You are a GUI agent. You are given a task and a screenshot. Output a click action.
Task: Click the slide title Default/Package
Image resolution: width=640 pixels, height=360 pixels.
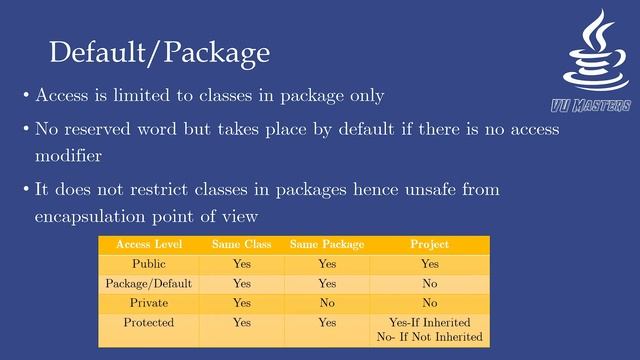[x=160, y=51]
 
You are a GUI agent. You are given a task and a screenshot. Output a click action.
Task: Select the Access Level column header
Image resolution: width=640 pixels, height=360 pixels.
[x=148, y=244]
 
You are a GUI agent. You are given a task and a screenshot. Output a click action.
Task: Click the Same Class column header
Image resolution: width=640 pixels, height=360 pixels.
[x=241, y=244]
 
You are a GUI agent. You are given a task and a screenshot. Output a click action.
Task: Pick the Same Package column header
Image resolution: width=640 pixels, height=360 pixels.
[x=327, y=244]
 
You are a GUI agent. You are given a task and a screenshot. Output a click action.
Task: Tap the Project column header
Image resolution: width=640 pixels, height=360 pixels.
[x=429, y=244]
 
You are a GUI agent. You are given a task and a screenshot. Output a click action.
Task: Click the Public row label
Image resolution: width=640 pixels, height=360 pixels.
[x=148, y=264]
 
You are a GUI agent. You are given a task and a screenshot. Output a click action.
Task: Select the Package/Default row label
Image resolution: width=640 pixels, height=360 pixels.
[x=148, y=283]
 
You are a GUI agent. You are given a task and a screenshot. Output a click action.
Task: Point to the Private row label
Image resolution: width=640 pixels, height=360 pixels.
[x=148, y=303]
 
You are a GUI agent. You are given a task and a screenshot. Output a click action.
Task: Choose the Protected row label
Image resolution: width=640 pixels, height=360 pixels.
[x=148, y=323]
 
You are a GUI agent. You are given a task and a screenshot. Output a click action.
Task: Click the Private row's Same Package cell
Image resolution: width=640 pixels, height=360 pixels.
[x=327, y=303]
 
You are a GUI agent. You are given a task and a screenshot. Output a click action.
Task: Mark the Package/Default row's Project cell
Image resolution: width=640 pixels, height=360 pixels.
[x=429, y=283]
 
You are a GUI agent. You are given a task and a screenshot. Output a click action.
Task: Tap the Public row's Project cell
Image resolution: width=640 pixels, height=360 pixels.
[x=429, y=264]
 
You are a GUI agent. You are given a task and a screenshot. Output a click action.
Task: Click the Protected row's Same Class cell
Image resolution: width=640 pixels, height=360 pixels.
[x=241, y=323]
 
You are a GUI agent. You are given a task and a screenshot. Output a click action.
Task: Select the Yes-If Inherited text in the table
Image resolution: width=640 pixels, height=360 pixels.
[x=429, y=323]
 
